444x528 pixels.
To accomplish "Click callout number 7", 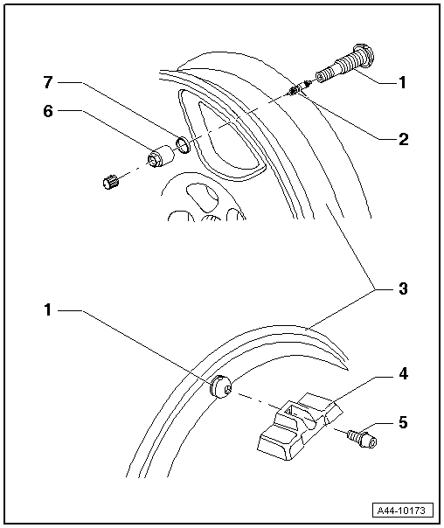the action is click(48, 82).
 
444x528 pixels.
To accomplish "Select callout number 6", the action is click(48, 111).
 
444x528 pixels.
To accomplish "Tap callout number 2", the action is click(403, 139).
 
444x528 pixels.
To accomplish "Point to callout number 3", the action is click(403, 288).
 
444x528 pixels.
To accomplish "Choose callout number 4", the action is click(403, 374).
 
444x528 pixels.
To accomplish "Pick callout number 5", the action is click(403, 422).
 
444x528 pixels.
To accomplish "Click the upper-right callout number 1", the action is click(402, 82).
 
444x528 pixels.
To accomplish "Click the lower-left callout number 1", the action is click(48, 309).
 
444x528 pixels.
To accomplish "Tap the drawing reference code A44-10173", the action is click(401, 511).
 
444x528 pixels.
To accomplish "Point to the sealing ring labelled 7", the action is click(184, 144).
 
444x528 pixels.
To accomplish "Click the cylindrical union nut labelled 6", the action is click(161, 156).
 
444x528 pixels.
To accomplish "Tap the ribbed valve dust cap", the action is click(111, 182).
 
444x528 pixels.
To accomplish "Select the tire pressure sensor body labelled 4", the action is click(300, 426).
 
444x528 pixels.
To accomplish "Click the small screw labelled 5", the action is click(362, 439).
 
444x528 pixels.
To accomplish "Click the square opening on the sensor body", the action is click(291, 411).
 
